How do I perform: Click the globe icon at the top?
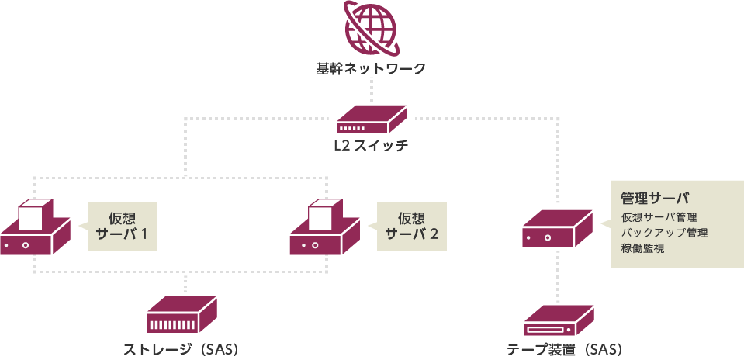[x=371, y=29]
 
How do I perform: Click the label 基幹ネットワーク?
[x=371, y=70]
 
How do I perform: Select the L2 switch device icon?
[x=372, y=119]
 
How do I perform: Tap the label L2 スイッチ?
[x=371, y=145]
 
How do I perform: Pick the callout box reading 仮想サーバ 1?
[x=122, y=227]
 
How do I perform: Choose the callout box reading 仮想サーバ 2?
[x=412, y=227]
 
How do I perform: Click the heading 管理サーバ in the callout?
[x=655, y=198]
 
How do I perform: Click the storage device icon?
[x=182, y=315]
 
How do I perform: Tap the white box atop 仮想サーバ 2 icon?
[x=324, y=213]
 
